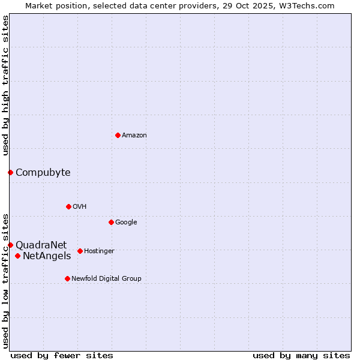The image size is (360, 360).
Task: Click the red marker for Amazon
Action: (x=118, y=135)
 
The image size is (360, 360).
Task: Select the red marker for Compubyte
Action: (x=10, y=173)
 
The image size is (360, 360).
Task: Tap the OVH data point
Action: (x=68, y=206)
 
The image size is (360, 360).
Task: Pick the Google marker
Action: (x=111, y=222)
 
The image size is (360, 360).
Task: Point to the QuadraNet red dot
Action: (x=10, y=245)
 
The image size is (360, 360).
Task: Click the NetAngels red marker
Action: (x=17, y=256)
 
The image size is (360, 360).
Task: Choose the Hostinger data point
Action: (x=80, y=251)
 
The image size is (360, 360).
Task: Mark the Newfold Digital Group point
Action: (x=67, y=278)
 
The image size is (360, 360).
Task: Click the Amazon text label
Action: (x=134, y=136)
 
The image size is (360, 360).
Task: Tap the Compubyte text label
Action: (x=43, y=173)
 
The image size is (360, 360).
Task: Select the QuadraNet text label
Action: (x=41, y=245)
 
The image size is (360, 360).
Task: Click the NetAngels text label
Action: (x=47, y=256)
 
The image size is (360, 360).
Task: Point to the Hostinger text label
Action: (x=99, y=251)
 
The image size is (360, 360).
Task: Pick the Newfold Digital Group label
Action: (x=106, y=278)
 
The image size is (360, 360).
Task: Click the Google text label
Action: (x=126, y=222)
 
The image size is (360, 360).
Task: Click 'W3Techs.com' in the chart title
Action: (x=310, y=5)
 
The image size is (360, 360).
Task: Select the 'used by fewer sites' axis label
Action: (x=62, y=355)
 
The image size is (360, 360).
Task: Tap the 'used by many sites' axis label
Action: (x=301, y=355)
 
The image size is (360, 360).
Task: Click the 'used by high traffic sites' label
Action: (x=5, y=85)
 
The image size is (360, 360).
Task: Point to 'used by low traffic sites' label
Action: (x=5, y=281)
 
